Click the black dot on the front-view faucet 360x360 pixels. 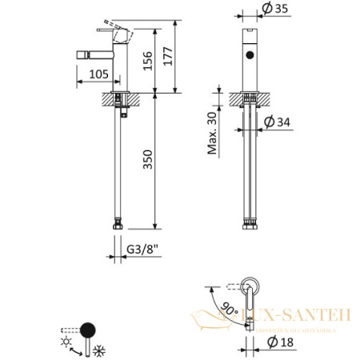[250, 55]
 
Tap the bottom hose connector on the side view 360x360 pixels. [120, 226]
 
